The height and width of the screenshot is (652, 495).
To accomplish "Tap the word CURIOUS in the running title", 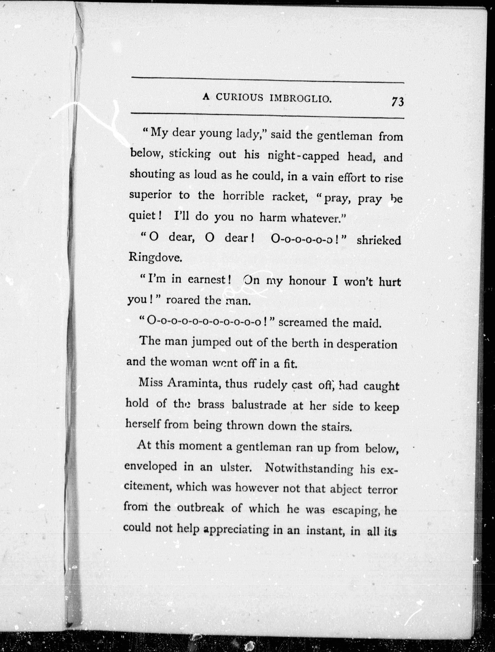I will (x=239, y=97).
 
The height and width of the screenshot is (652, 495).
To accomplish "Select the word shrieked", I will (x=379, y=241).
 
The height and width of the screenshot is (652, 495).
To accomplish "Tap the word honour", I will (x=307, y=281).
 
